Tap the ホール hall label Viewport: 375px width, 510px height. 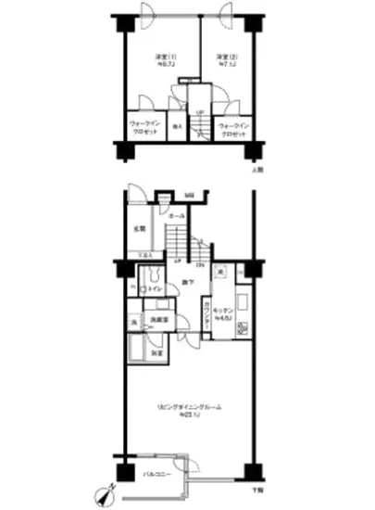click(178, 215)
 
